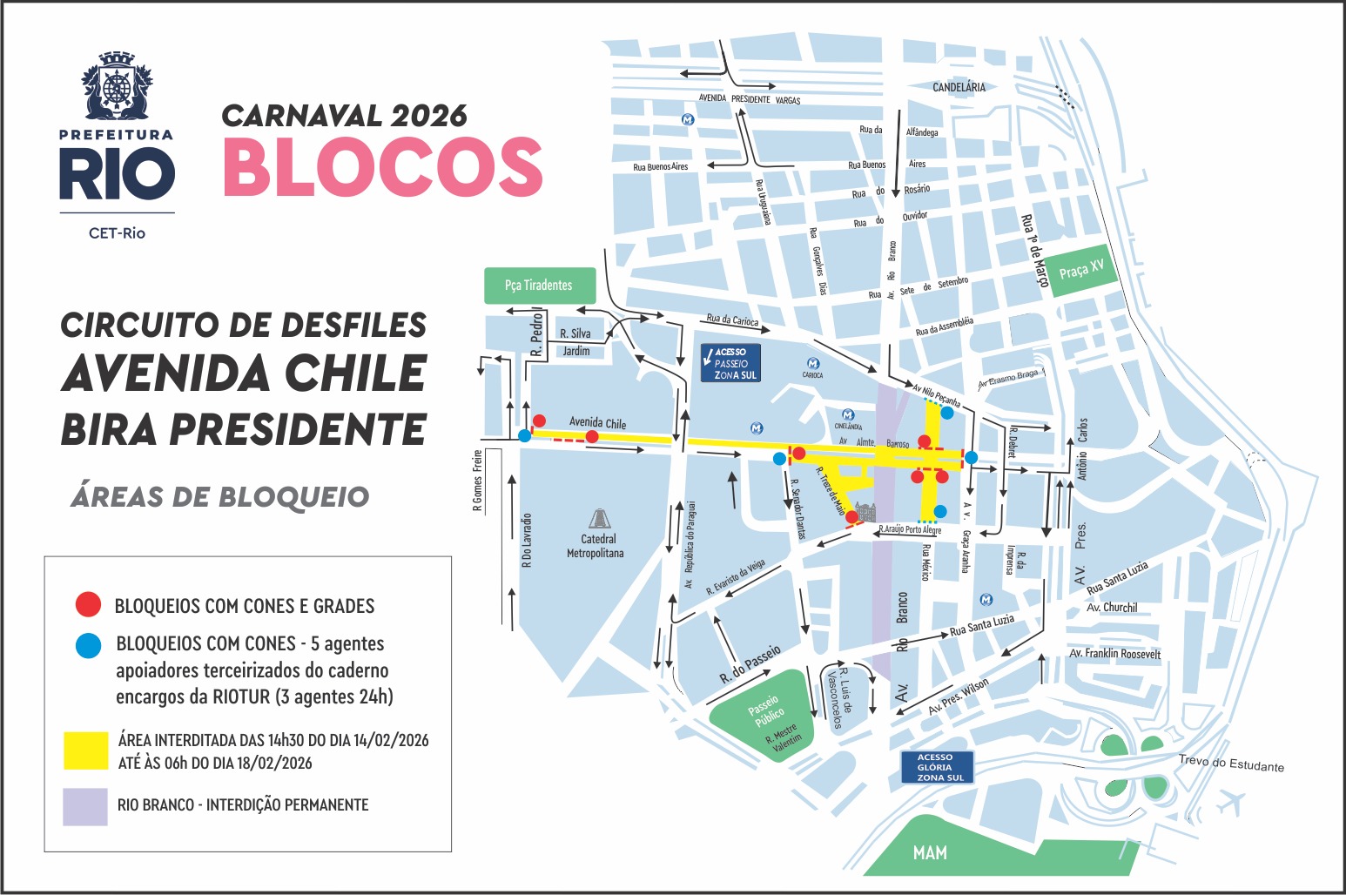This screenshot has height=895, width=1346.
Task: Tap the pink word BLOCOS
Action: coord(383,166)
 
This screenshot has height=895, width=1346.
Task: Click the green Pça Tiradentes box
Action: coord(540,286)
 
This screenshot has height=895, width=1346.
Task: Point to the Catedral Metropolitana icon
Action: coord(599,519)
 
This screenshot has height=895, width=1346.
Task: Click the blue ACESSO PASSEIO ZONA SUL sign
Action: coord(731,363)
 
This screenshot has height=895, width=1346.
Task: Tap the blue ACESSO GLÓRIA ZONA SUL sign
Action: coord(937,767)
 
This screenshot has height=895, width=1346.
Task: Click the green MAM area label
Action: coord(930,853)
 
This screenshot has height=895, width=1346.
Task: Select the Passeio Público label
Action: coord(766,710)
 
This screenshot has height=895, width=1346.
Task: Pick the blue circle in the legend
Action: coord(88,645)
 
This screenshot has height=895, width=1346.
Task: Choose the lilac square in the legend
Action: coord(85,805)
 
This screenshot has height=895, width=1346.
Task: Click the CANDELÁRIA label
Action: coord(959,87)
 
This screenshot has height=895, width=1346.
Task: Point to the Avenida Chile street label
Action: coord(597,423)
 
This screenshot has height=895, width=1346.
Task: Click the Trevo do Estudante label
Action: coord(1231,764)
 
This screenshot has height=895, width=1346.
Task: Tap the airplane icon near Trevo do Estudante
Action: coord(1230,802)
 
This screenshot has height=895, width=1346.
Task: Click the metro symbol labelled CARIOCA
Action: coord(813,364)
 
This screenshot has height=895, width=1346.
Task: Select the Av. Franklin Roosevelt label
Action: coord(1114,653)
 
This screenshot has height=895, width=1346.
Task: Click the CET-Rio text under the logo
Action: coord(117,233)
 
